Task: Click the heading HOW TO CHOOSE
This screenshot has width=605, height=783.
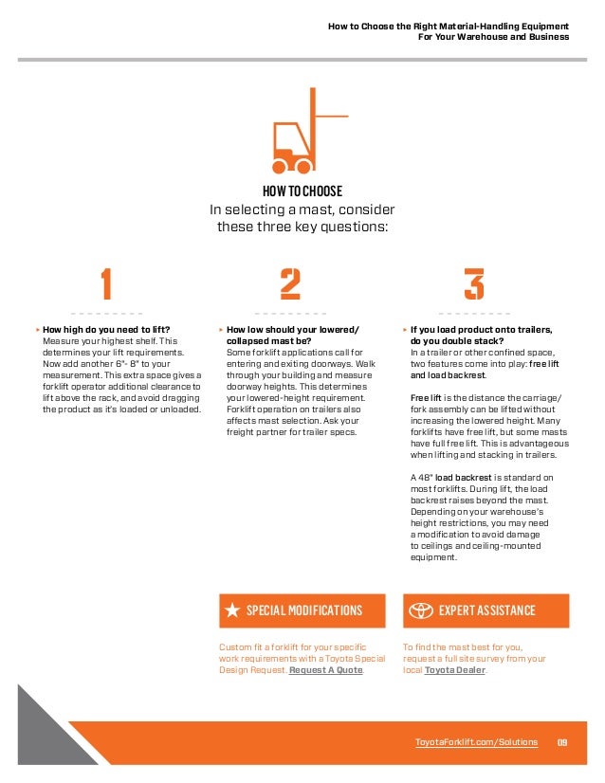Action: click(302, 191)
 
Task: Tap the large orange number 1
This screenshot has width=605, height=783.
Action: click(106, 283)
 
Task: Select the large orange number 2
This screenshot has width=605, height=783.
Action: click(290, 283)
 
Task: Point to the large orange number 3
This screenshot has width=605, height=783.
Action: click(473, 283)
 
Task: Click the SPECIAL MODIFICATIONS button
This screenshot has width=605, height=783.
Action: click(302, 610)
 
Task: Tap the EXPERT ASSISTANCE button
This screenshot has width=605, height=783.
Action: click(486, 610)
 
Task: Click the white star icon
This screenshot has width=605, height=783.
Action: click(232, 610)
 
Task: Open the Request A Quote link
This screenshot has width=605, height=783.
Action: click(325, 669)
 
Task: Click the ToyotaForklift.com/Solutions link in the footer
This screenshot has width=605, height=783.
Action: click(476, 741)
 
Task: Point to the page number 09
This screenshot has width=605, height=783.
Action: click(561, 741)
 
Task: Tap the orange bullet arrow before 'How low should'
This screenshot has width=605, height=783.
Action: click(221, 330)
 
